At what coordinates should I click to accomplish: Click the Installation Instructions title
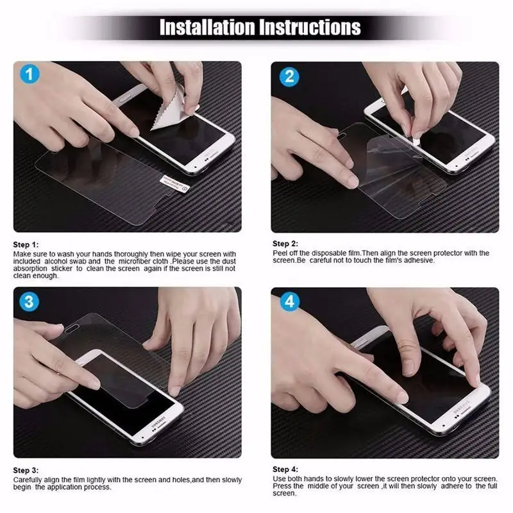click(x=260, y=27)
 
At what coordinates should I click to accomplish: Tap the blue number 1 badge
click(x=29, y=76)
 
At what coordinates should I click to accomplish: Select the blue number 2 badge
click(x=289, y=76)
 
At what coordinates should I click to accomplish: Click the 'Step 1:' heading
click(x=26, y=245)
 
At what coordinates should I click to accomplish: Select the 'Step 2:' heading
click(x=285, y=244)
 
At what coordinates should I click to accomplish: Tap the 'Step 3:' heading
click(x=26, y=470)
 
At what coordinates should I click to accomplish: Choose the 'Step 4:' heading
click(x=285, y=469)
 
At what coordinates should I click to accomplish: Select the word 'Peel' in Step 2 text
click(x=280, y=253)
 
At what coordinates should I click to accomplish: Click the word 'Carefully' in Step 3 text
click(x=28, y=480)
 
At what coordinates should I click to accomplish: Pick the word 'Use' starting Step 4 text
click(x=279, y=479)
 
